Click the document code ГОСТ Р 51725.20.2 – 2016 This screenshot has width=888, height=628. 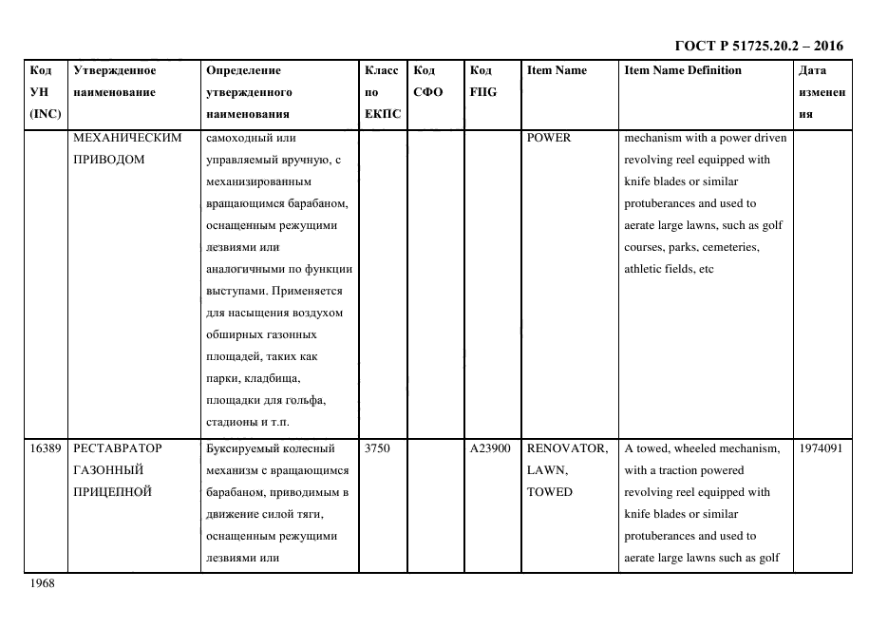[758, 46]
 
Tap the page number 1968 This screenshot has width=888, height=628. [44, 583]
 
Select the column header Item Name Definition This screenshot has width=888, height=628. [682, 70]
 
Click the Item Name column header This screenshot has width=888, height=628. [557, 70]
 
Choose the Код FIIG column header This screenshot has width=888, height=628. [482, 82]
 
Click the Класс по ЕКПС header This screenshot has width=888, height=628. [382, 92]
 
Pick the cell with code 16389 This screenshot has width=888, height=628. [45, 448]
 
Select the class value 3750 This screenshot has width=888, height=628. [377, 448]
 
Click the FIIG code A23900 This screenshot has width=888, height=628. [490, 448]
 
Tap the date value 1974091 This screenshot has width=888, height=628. [821, 448]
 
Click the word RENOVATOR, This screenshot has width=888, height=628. [567, 448]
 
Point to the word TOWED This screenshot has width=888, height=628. [550, 492]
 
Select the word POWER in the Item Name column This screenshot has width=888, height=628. [549, 138]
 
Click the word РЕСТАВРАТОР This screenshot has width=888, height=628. [118, 448]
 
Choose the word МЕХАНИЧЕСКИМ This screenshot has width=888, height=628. [127, 138]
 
